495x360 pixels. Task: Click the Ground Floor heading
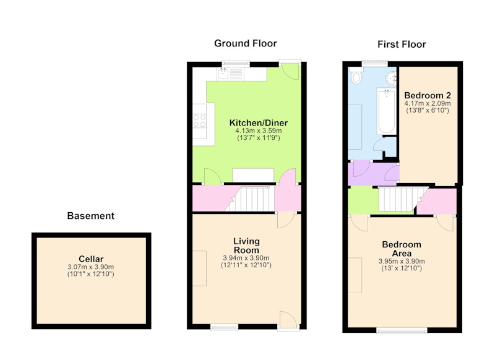coord(245,43)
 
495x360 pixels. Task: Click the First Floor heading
coord(402,44)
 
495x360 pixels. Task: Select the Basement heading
coord(90,216)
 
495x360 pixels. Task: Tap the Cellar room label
coord(91,259)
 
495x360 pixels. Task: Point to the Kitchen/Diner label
coord(259,122)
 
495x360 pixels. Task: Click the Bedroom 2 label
coord(428,95)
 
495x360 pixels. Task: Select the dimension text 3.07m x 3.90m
coord(91,267)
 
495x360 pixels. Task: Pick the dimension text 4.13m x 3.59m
coord(259,131)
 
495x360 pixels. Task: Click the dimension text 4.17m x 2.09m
coord(428,103)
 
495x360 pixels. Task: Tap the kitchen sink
coord(223,74)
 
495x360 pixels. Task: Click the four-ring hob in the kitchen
coord(199,121)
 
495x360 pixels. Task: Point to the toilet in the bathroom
coord(356,75)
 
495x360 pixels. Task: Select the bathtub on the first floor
coord(386,111)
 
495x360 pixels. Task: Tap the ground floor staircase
coord(250,199)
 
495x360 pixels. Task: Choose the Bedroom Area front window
coord(402,330)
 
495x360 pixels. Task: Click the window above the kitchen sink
coord(236,64)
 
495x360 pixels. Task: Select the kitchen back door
coord(290,69)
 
